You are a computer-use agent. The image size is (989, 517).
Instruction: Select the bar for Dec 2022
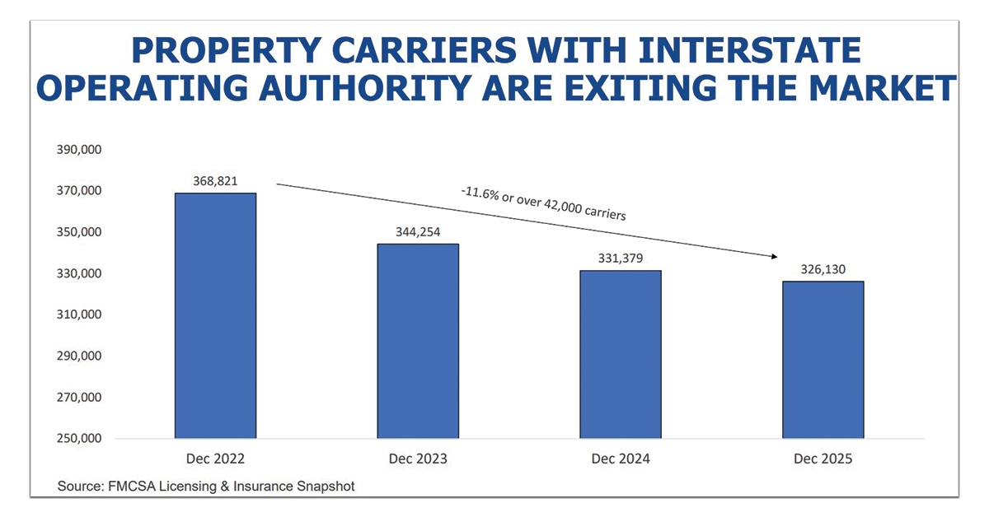tap(215, 315)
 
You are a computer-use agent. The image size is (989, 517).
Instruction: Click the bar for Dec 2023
tap(418, 341)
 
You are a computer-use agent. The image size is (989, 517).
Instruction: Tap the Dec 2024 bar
tap(620, 354)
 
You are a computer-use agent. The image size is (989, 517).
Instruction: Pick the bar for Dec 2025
tap(823, 360)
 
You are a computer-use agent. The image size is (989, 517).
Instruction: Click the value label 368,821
tap(215, 181)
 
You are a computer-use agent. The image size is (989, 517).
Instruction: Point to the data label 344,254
tap(418, 232)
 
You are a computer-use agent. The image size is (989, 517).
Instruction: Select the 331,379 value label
tap(620, 258)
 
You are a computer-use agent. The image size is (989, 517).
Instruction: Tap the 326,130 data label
tap(823, 269)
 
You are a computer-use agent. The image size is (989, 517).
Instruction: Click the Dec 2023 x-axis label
tap(418, 459)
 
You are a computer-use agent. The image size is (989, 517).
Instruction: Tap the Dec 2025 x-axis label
tap(823, 459)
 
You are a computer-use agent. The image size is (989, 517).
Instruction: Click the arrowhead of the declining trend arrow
tap(774, 256)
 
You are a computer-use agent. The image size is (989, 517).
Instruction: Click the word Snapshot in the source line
tap(326, 487)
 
